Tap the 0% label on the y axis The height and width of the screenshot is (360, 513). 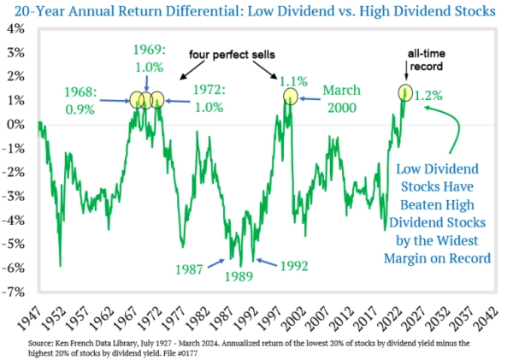click(x=18, y=124)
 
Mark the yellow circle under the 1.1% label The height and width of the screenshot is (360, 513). click(x=290, y=96)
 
